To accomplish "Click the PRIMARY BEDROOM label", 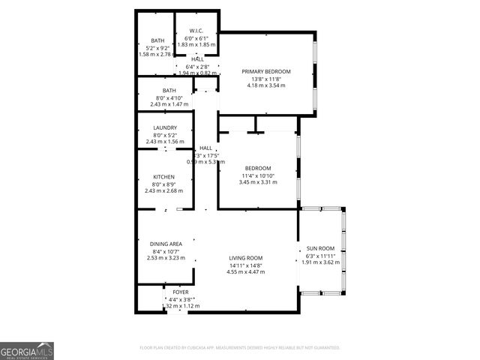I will coord(265,71).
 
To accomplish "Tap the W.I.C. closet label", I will coord(196,31).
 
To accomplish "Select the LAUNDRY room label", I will coord(164,128).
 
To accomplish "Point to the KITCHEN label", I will coord(163,177).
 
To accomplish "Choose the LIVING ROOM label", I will coord(246,258).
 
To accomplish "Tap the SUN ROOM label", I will coord(320,248).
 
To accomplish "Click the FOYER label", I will coord(181,292).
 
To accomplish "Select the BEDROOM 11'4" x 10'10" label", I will coord(258,168).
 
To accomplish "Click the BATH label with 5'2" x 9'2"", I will coord(157,40).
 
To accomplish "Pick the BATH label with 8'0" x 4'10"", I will coord(169,91).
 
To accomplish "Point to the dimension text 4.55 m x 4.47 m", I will coord(246,272).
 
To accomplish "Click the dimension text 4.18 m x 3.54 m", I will coord(265,85).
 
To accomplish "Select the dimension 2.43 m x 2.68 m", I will coord(163,190).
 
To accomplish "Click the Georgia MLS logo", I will coord(27,350).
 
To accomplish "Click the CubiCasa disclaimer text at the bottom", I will coord(240,348).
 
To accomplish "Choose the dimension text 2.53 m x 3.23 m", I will coord(166,258).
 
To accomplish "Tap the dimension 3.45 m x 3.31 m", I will coord(258,182).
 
